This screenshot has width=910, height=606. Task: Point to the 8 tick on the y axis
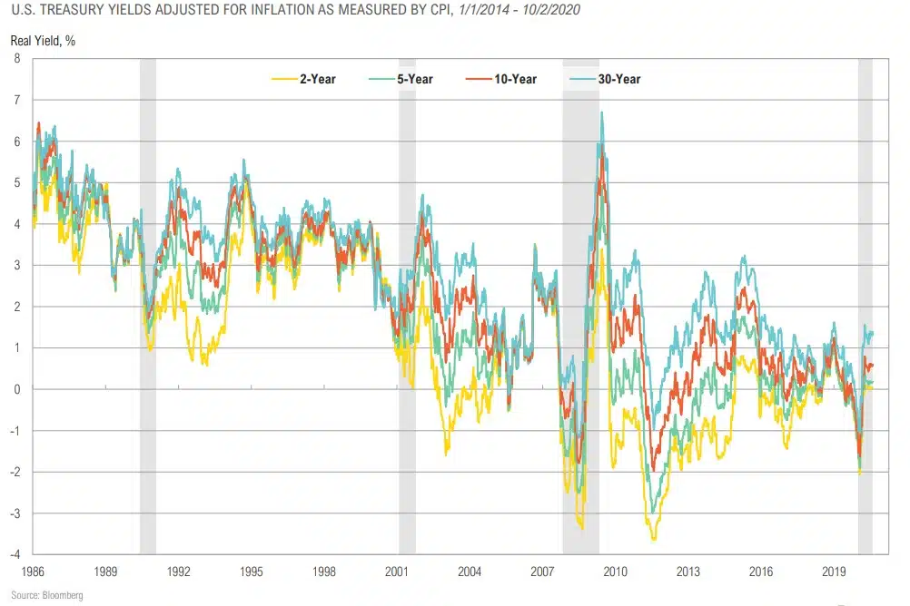coord(16,59)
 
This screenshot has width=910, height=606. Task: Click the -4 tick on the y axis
coord(15,554)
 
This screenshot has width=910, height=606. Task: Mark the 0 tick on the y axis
coord(16,389)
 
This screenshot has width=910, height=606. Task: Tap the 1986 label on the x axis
coord(33,572)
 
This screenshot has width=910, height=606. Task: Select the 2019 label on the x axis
coord(835,572)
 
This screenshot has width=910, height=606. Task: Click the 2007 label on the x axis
coord(543,572)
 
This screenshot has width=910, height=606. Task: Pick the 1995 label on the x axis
coord(252,572)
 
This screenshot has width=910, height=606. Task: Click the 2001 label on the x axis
coord(397,572)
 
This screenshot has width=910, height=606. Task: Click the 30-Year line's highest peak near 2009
coord(601,112)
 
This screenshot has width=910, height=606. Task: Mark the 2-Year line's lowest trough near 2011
coord(653,540)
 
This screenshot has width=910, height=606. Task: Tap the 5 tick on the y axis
coord(16,182)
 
